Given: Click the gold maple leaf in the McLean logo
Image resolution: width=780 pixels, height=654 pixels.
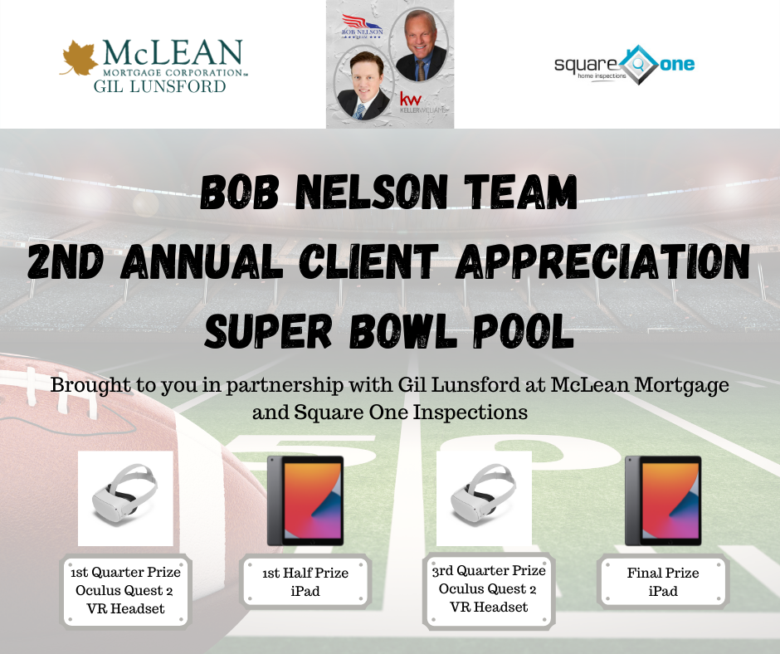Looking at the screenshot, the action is click(x=80, y=58).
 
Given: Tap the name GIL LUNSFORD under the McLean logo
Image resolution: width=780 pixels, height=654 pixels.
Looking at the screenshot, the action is click(x=159, y=86).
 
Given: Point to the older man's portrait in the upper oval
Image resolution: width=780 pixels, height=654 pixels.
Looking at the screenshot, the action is click(x=419, y=45).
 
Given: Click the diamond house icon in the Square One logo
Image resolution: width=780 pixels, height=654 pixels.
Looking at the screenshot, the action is click(x=638, y=64).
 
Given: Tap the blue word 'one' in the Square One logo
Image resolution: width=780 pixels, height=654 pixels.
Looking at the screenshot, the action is click(x=677, y=64).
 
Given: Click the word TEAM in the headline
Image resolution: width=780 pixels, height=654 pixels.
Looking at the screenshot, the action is click(x=521, y=192).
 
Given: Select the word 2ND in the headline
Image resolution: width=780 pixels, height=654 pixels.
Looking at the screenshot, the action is click(x=66, y=261).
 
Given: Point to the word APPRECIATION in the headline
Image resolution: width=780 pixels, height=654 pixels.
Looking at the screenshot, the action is click(x=602, y=261).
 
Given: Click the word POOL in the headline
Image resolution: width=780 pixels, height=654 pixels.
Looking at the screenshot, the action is click(x=524, y=331).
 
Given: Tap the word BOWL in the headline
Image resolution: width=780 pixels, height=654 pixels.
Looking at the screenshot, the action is click(x=402, y=331).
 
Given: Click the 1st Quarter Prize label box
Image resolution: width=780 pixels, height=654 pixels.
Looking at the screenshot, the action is click(x=125, y=591).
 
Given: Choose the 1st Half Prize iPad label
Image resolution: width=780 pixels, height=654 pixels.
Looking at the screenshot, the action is click(x=305, y=582).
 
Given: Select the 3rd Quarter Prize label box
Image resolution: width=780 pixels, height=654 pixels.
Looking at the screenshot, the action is click(x=489, y=589).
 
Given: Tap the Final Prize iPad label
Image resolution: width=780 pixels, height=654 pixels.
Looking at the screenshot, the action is click(x=663, y=582).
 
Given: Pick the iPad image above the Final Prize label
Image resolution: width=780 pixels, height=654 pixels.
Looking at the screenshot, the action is click(x=663, y=500).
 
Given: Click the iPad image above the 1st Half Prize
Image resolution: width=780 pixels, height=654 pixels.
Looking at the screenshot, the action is click(x=305, y=500).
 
